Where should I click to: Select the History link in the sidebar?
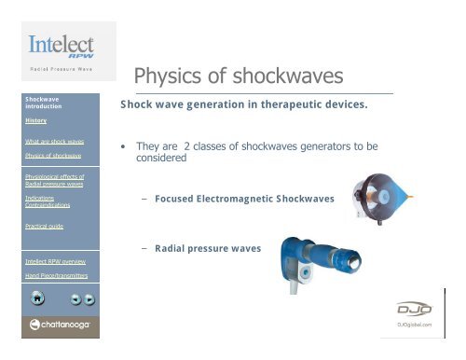coord(36,120)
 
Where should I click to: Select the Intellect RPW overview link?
coord(54,261)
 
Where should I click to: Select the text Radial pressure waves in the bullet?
coord(208,249)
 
